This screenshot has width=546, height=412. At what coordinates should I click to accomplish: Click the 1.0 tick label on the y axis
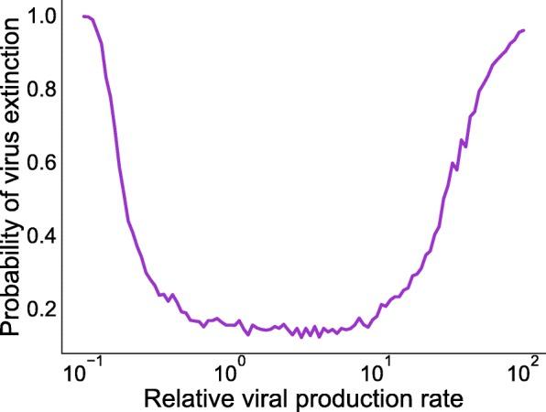pyautogui.click(x=42, y=16)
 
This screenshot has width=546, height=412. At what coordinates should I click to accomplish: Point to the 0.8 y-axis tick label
pyautogui.click(x=42, y=90)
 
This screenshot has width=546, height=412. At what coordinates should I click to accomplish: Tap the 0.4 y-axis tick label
pyautogui.click(x=42, y=236)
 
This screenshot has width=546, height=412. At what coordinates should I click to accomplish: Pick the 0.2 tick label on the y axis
pyautogui.click(x=42, y=309)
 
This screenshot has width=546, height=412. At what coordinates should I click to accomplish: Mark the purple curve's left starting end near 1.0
pyautogui.click(x=82, y=16)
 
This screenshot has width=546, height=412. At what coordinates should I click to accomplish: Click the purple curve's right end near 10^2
pyautogui.click(x=523, y=30)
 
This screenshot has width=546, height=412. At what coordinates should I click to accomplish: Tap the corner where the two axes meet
pyautogui.click(x=61, y=353)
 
